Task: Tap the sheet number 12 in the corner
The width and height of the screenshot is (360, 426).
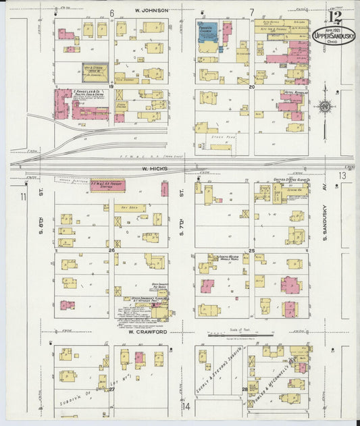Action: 335,15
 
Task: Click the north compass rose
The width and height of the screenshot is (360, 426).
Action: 326,107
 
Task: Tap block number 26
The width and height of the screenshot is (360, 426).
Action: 111,250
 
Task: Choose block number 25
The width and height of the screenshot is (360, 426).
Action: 251,250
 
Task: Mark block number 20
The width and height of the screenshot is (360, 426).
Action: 251,87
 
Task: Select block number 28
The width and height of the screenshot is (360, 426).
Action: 245,390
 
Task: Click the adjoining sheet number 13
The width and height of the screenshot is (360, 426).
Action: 342,176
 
